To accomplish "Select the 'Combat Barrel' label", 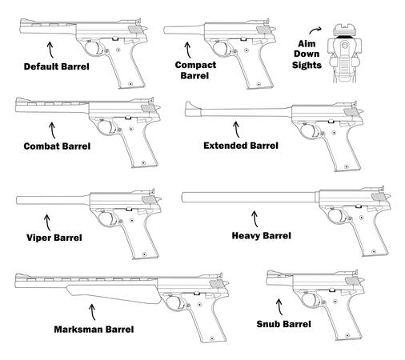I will tap(57, 146).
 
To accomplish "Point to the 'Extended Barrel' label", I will tap(241, 146).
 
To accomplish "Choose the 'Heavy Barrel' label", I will tap(260, 235).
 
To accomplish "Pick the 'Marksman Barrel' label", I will tap(94, 328).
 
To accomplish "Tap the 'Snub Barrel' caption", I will tap(283, 324).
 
